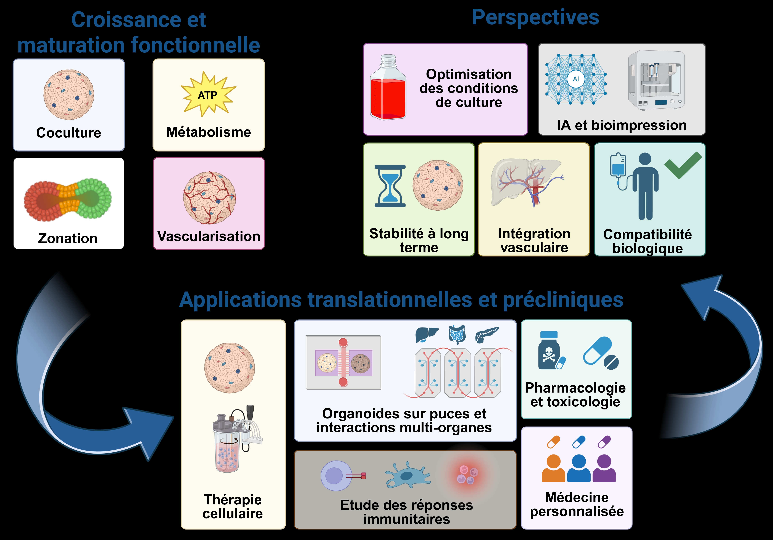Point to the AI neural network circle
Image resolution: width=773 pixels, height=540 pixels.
[x=576, y=79]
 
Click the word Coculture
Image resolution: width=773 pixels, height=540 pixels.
[x=69, y=133]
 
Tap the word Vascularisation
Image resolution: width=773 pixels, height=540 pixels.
[x=209, y=236]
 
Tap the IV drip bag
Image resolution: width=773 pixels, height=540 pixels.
[x=618, y=165]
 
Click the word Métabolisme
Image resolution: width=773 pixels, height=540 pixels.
[x=208, y=132]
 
